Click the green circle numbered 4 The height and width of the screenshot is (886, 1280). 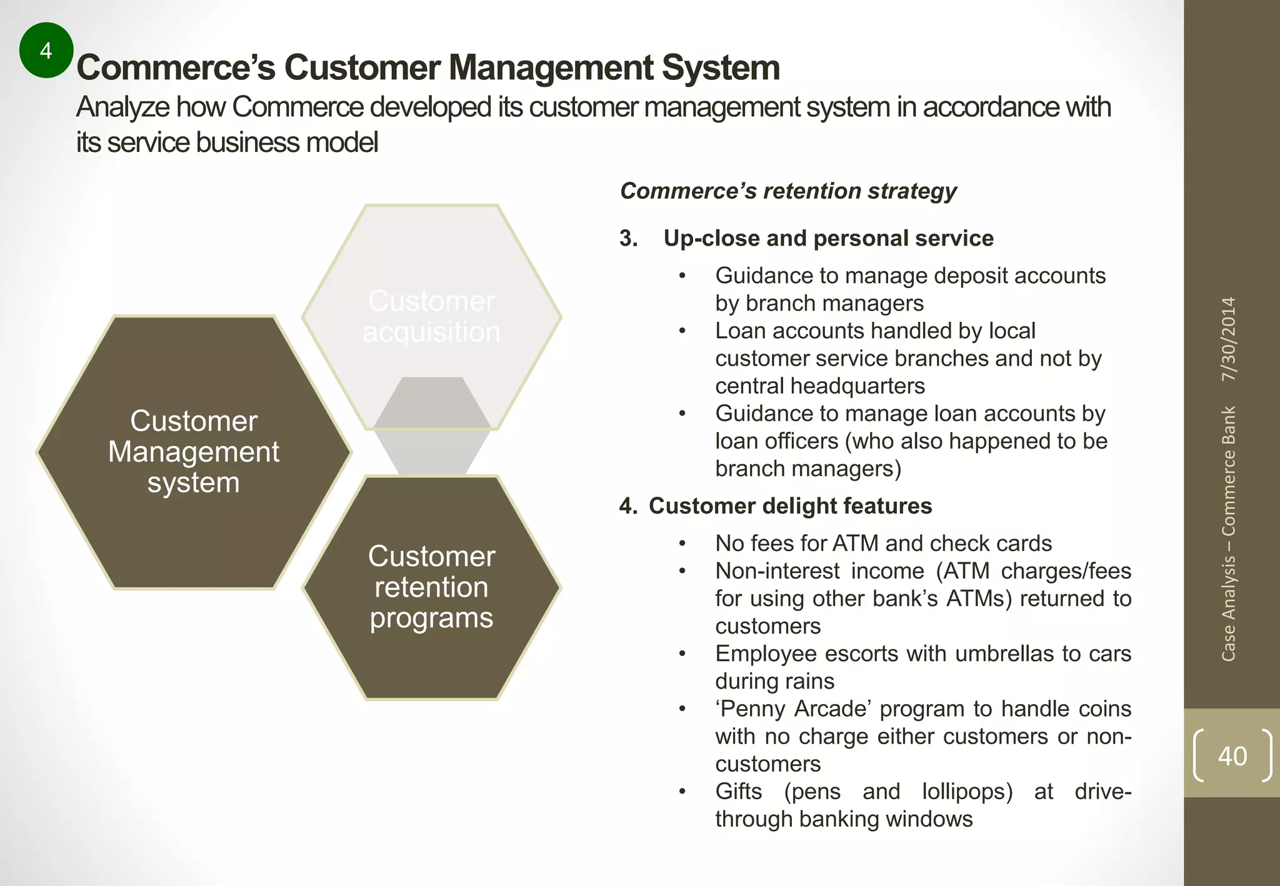coord(46,50)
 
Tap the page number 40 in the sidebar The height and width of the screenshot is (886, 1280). coord(1232,755)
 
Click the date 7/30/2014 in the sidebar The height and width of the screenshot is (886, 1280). coord(1229,339)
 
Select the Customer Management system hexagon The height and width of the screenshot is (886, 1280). coord(194,452)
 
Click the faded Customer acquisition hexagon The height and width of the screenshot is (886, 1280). coord(431,316)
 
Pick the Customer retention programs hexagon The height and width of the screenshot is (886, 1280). coord(431,587)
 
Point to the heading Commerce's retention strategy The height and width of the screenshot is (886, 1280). coord(788,191)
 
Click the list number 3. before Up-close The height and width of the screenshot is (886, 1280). coord(629,238)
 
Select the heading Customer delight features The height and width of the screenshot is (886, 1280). coord(790,505)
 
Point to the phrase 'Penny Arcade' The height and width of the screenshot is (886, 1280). coord(793,709)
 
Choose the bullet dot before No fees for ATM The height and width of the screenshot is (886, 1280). coord(682,544)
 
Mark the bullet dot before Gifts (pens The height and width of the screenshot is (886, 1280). coord(682,792)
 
